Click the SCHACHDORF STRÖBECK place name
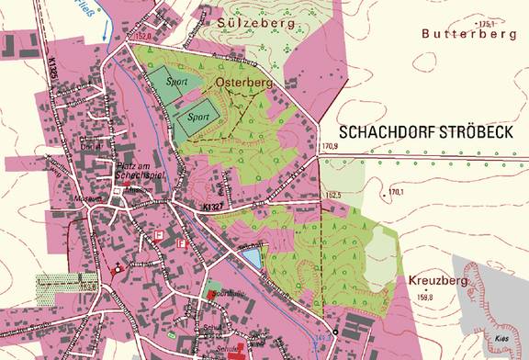423,131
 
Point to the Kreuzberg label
437,278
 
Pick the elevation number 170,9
329,146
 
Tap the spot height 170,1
397,192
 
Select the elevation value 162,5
332,196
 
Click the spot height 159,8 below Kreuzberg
425,297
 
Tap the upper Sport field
174,81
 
